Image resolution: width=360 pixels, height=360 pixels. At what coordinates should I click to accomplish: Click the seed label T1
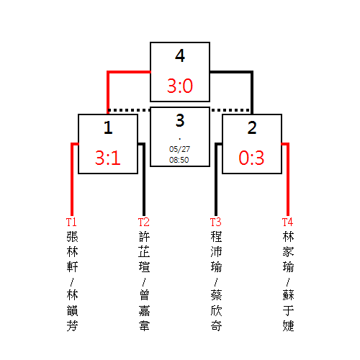pyautogui.click(x=71, y=222)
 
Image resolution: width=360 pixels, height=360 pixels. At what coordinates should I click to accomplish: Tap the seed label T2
pyautogui.click(x=143, y=222)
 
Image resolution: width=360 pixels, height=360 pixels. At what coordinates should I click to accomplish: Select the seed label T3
pyautogui.click(x=215, y=222)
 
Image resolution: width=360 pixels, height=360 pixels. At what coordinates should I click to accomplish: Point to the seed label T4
pyautogui.click(x=287, y=222)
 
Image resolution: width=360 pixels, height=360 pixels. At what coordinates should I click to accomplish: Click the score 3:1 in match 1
pyautogui.click(x=108, y=158)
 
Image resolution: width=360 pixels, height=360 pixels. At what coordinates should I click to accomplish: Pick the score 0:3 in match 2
pyautogui.click(x=251, y=158)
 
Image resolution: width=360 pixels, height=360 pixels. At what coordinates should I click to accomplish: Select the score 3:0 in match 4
pyautogui.click(x=180, y=86)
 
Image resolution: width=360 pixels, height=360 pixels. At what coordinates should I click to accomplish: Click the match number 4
pyautogui.click(x=180, y=55)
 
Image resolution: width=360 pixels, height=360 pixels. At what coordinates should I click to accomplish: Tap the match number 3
pyautogui.click(x=180, y=120)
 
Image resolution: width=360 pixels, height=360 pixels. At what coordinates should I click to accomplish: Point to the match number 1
pyautogui.click(x=108, y=127)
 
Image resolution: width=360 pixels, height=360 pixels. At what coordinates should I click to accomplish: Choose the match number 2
pyautogui.click(x=252, y=127)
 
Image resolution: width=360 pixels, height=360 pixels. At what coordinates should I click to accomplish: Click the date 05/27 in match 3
pyautogui.click(x=179, y=149)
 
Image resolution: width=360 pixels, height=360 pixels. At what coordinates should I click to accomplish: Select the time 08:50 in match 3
pyautogui.click(x=179, y=160)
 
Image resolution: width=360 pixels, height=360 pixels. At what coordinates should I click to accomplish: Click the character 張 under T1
pyautogui.click(x=72, y=237)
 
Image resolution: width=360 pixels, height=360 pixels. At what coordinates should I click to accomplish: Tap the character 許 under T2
pyautogui.click(x=144, y=237)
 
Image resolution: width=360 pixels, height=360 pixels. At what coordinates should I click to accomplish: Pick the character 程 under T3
pyautogui.click(x=216, y=237)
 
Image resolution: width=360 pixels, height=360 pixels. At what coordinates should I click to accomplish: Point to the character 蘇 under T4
pyautogui.click(x=288, y=295)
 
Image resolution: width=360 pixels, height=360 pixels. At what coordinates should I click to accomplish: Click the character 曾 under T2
pyautogui.click(x=144, y=295)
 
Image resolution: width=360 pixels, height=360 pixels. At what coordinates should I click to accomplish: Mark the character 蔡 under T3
pyautogui.click(x=216, y=295)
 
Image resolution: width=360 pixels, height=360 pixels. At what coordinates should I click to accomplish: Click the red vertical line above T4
pyautogui.click(x=288, y=179)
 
